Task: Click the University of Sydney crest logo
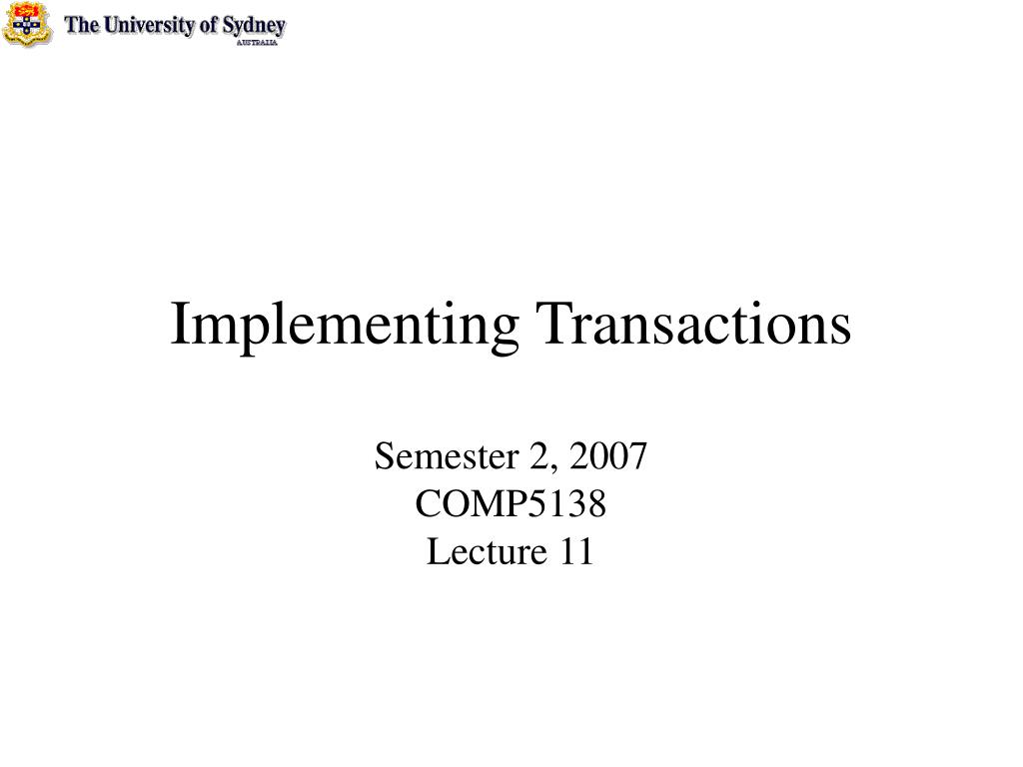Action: [27, 24]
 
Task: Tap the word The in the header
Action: [82, 25]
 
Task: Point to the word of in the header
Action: [209, 25]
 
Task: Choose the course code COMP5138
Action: [511, 504]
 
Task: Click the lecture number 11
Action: [576, 551]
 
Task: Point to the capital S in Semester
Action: [383, 457]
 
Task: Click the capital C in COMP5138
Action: [426, 504]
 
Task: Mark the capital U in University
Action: [113, 25]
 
